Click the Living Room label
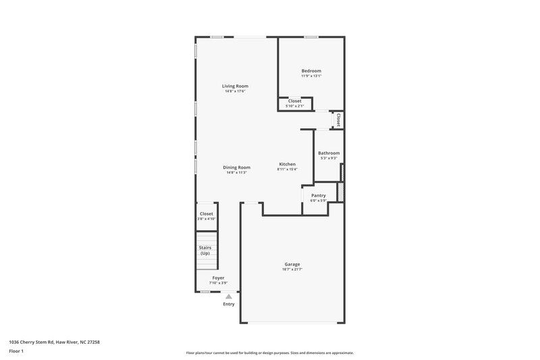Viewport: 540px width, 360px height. point(236,86)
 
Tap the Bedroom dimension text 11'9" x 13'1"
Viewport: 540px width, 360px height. point(311,76)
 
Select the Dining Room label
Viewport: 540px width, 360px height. point(237,167)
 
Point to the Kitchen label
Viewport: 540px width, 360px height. point(288,164)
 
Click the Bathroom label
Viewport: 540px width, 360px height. point(329,153)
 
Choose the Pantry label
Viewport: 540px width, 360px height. point(318,195)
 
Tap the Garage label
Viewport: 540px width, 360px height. point(292,264)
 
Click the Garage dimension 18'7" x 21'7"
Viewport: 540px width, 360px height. point(292,269)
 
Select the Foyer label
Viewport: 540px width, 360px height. point(218,278)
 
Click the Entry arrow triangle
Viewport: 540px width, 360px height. point(229,296)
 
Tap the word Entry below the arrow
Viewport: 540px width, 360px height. point(229,304)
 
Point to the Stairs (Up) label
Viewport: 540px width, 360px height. point(205,250)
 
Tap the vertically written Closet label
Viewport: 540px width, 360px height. point(338,120)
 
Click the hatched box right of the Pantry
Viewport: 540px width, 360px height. point(341,191)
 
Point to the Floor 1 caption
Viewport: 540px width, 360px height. point(16,351)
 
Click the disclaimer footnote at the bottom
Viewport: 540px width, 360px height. point(269,353)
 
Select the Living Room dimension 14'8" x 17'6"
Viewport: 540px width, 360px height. point(236,91)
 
